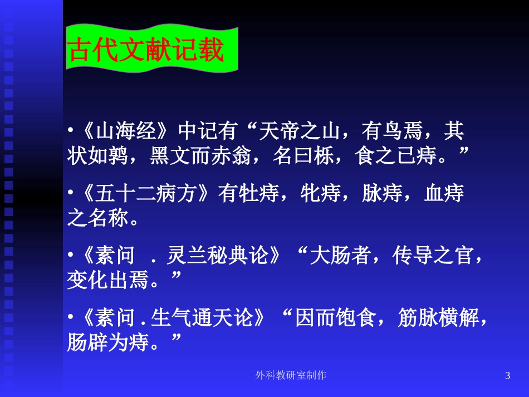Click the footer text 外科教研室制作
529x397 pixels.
[x=291, y=376]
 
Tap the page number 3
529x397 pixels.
[x=507, y=376]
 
